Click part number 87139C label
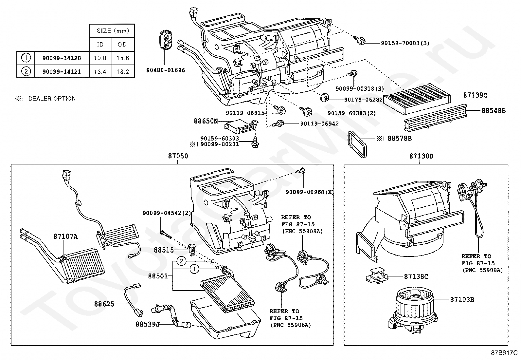point(475,95)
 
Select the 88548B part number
point(493,111)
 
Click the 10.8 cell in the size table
point(100,58)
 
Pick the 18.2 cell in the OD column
point(123,71)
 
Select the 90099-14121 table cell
point(62,71)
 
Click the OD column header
point(122,44)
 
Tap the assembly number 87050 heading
point(178,156)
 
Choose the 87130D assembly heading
point(421,156)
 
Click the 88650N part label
point(206,121)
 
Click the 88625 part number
point(104,304)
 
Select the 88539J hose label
point(148,324)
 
